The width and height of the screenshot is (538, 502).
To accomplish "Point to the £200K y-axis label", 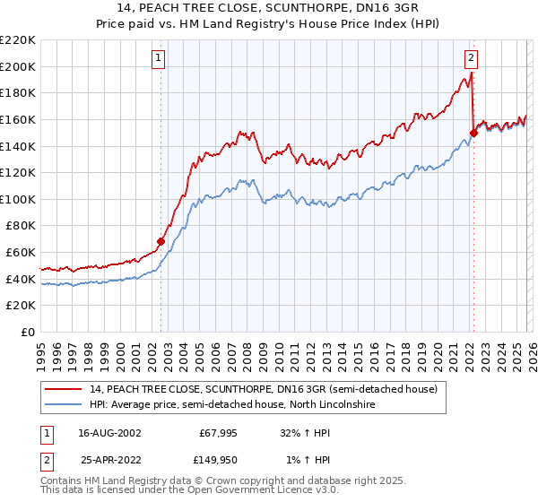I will pyautogui.click(x=18, y=66).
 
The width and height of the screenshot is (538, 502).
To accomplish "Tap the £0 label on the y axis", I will pyautogui.click(x=28, y=332).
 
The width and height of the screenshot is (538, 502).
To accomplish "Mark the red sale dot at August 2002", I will pyautogui.click(x=161, y=241).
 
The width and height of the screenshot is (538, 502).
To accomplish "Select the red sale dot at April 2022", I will pyautogui.click(x=473, y=133).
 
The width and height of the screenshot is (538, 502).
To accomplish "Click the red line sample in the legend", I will pyautogui.click(x=65, y=389).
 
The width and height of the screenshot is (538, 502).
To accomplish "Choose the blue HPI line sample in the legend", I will pyautogui.click(x=65, y=405).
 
